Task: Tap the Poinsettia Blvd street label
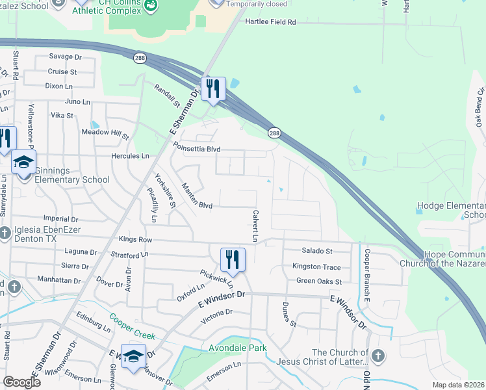[196, 149]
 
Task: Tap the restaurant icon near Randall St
[212, 89]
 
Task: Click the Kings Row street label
[135, 240]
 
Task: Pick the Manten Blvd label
[197, 196]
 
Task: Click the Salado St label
[316, 250]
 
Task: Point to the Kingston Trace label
[316, 266]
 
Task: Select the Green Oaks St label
[319, 281]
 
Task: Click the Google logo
[21, 382]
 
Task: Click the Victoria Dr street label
[216, 317]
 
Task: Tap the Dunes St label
[288, 315]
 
